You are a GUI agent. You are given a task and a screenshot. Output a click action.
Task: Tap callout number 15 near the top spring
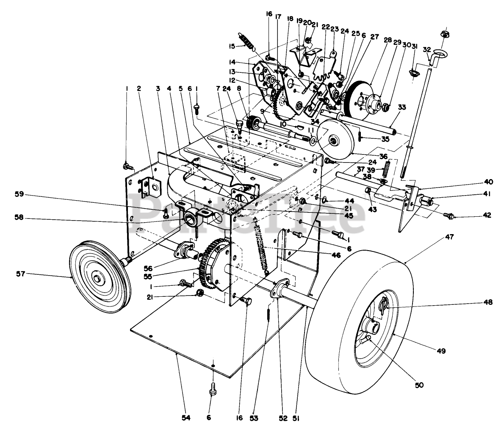click(232, 46)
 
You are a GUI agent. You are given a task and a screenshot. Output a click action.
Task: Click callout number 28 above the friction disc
click(387, 40)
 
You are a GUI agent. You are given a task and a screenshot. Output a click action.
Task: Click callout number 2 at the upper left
click(138, 88)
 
